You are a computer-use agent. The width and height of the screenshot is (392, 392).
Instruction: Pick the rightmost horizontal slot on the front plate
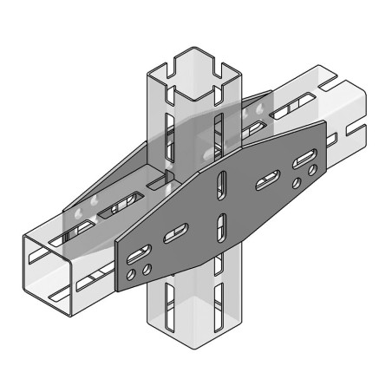coord(304,160)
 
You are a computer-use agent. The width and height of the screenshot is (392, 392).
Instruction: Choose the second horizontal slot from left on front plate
coord(176,231)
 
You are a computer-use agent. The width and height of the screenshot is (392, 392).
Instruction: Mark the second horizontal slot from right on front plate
coord(265,182)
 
